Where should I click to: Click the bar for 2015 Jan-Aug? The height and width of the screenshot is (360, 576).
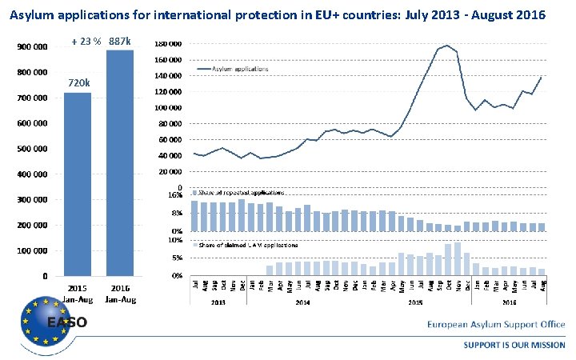tap(78, 184)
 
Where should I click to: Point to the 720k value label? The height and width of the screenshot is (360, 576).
tap(78, 83)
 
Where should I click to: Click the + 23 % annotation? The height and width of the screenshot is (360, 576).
tap(86, 42)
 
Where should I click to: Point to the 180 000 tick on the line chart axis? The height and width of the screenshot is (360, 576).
tap(168, 44)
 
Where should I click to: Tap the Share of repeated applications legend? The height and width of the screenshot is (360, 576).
tap(241, 193)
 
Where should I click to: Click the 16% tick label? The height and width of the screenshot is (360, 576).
tap(176, 195)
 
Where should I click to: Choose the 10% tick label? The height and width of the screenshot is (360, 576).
tap(176, 240)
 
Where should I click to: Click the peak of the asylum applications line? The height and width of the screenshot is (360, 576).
tap(446, 46)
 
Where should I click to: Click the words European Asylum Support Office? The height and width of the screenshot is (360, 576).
tap(495, 325)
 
